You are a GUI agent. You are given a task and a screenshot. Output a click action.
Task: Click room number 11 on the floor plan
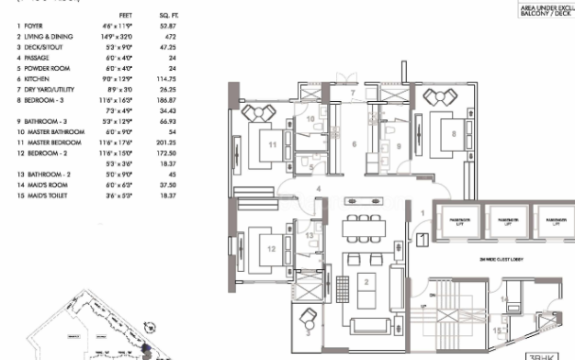point(274,144)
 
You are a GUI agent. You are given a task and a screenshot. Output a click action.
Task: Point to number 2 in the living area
point(366,282)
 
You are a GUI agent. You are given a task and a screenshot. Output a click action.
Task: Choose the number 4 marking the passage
point(318,189)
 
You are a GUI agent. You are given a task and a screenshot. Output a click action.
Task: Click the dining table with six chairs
point(362,226)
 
